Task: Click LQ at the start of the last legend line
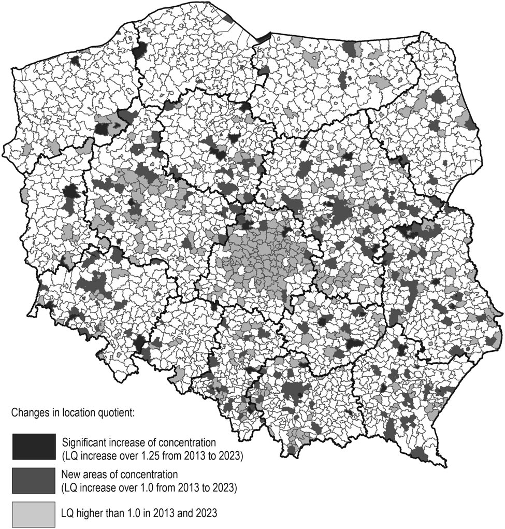[68, 513]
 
